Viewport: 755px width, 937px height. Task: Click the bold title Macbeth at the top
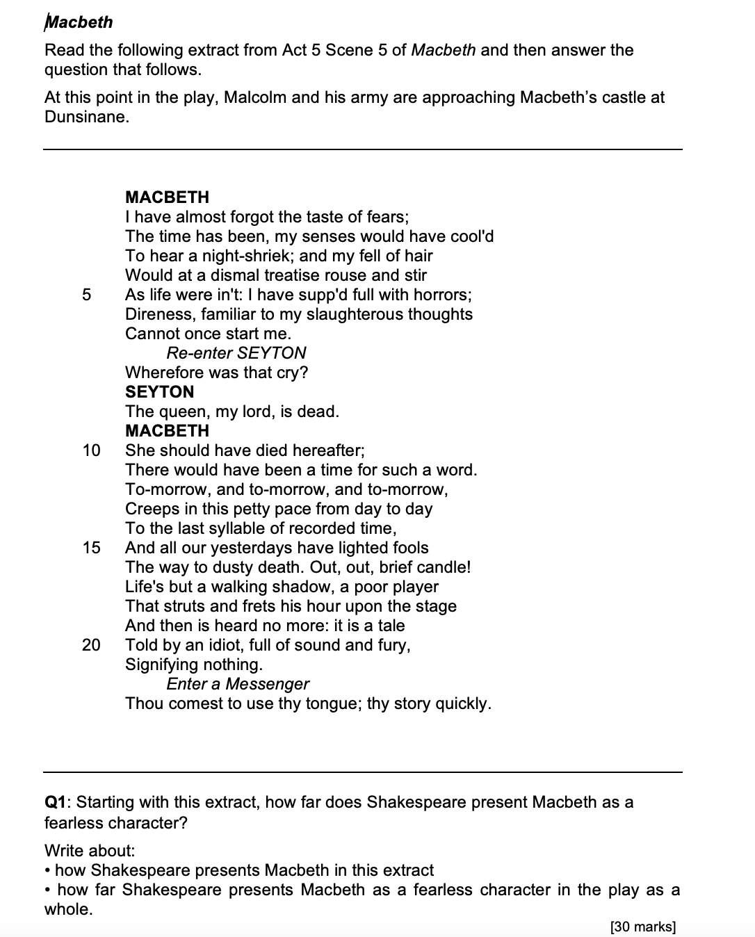[79, 22]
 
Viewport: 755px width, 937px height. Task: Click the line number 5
[86, 295]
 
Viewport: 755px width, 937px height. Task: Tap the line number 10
[91, 450]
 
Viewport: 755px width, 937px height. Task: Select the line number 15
[91, 548]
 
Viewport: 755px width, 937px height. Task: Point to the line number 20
[91, 645]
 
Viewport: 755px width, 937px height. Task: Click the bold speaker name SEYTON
[159, 392]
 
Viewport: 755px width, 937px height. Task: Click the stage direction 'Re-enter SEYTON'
[236, 353]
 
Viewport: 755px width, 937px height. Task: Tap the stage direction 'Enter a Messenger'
[238, 684]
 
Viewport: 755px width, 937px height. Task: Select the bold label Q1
[57, 802]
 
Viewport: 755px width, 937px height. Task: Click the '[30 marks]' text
[642, 927]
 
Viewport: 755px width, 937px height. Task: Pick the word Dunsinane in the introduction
[86, 117]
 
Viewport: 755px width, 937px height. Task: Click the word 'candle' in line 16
[439, 567]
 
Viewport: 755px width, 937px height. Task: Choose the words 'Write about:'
[90, 851]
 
